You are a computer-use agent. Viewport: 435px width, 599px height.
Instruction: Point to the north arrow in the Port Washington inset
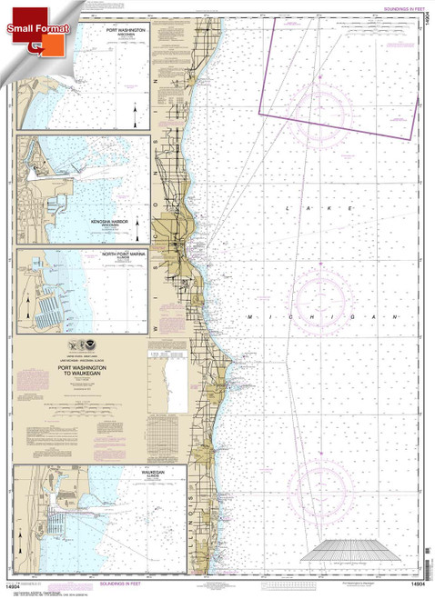(135, 114)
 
